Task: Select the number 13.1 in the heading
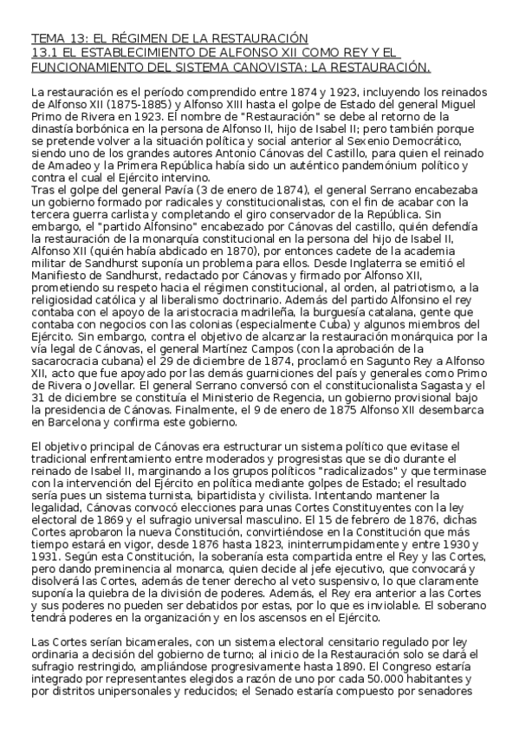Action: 43,53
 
